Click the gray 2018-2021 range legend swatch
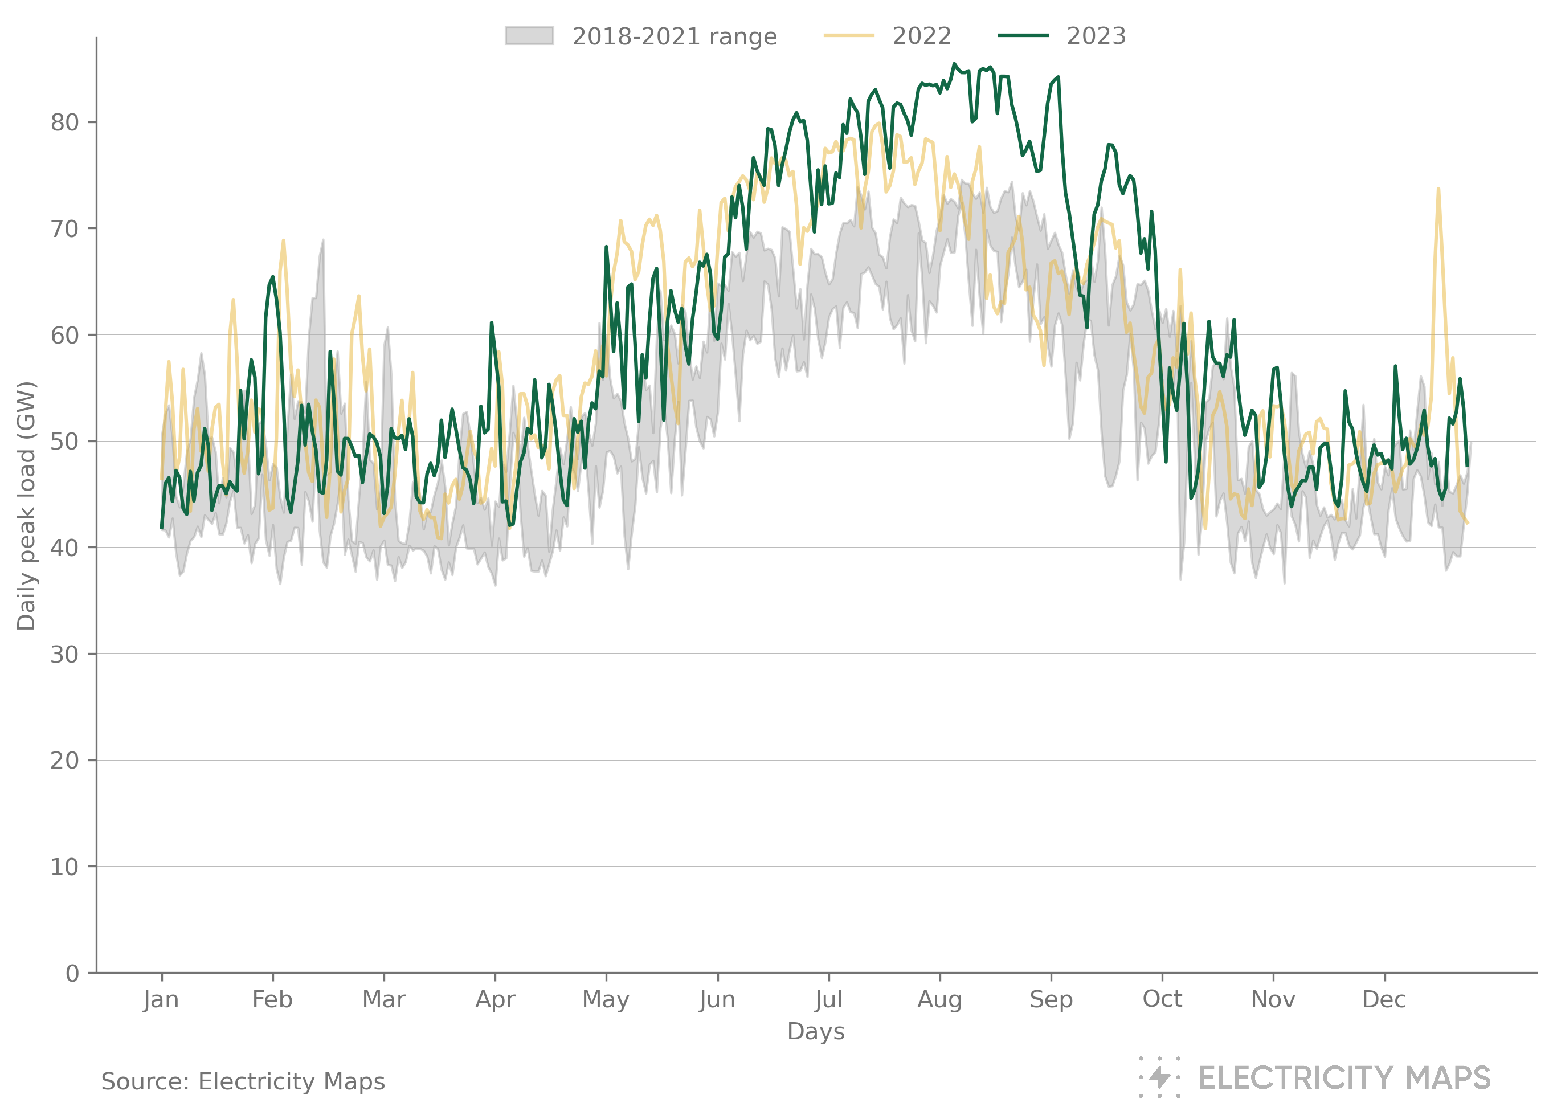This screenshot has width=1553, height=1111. (x=529, y=35)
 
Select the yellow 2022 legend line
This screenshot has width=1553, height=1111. (x=848, y=35)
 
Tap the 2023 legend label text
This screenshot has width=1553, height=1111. (x=1096, y=35)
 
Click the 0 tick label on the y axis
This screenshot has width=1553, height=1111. (x=72, y=973)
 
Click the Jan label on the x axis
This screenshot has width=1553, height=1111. (x=161, y=999)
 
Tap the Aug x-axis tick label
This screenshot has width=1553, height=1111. (x=939, y=999)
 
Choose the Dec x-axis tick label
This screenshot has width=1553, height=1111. (x=1384, y=999)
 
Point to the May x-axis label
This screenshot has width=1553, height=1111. (x=606, y=999)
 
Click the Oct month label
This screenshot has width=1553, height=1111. (x=1162, y=999)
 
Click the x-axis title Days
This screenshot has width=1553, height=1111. (x=815, y=1031)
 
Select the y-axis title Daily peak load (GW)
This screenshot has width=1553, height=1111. (x=26, y=507)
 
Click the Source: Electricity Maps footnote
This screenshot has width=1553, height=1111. (x=243, y=1081)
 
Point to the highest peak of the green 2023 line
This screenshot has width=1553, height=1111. (x=954, y=64)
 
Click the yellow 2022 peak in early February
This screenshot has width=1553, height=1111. (x=283, y=241)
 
